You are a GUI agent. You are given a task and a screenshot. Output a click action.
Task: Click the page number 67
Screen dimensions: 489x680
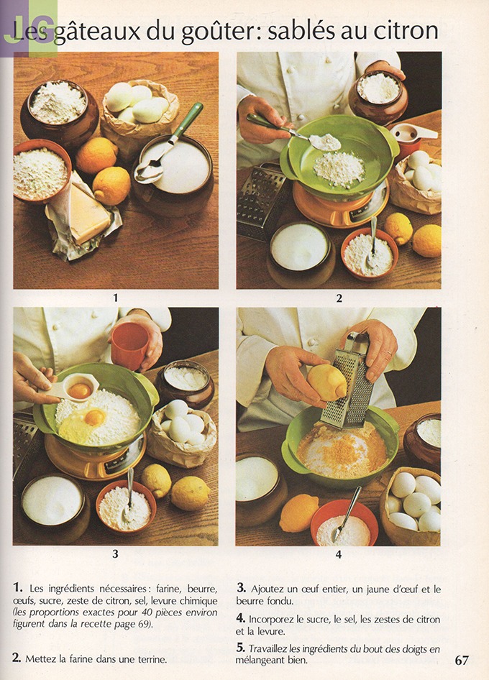click(462, 660)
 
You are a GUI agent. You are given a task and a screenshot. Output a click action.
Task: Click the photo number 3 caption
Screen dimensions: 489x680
click(115, 553)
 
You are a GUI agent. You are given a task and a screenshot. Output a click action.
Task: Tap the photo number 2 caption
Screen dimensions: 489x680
click(339, 298)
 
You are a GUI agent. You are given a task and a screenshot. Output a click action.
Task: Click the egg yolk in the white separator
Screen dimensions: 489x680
click(80, 391)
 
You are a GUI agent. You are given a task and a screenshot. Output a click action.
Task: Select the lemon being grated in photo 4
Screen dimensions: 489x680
click(327, 382)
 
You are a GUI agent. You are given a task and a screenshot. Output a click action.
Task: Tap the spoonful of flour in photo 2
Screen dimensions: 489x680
click(326, 142)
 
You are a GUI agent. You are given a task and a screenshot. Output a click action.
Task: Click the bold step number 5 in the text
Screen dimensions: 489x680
click(241, 648)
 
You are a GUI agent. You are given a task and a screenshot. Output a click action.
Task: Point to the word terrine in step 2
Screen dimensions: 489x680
click(152, 659)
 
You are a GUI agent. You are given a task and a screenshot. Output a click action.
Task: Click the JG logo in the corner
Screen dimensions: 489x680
click(29, 29)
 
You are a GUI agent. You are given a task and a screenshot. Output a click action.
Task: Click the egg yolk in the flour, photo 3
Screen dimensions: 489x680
click(95, 418)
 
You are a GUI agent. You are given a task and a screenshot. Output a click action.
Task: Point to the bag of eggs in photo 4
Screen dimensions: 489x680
click(411, 505)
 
